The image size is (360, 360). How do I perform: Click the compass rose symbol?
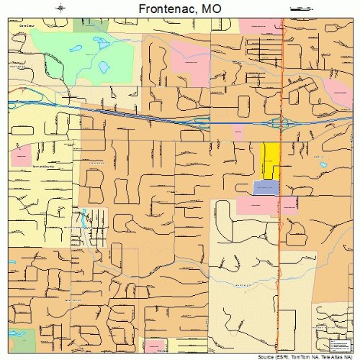click(x=61, y=8)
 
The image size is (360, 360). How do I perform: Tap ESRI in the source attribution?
click(x=274, y=355)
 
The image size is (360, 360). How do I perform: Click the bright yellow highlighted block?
click(x=270, y=159)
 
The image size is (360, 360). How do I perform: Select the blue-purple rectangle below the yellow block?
click(x=265, y=187)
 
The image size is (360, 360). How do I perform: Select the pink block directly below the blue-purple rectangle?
click(x=257, y=205)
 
